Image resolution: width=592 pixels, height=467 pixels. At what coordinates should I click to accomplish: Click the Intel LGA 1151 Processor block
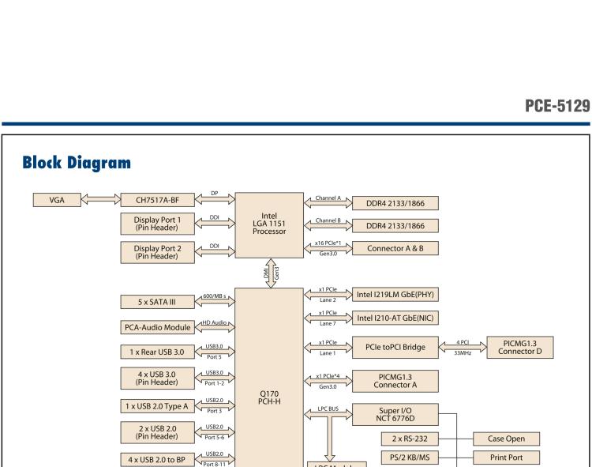pos(269,224)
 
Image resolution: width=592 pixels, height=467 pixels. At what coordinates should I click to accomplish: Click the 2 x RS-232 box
pos(405,438)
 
